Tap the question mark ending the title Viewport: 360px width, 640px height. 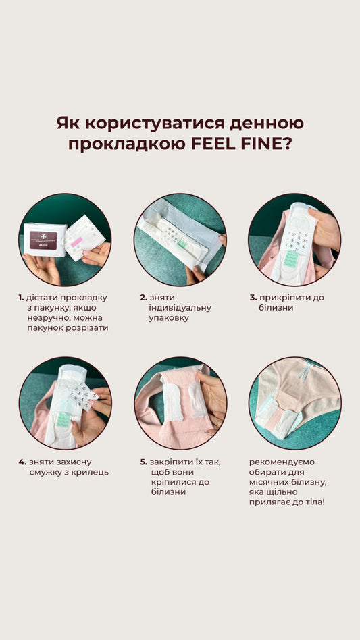tap(288, 144)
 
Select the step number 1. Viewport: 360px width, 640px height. tap(21, 298)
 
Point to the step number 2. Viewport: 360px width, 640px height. tap(143, 298)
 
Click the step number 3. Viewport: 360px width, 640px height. tap(253, 298)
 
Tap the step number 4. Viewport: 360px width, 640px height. tap(22, 462)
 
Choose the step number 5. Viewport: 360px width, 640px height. tap(143, 462)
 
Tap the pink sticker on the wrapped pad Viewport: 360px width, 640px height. tap(77, 242)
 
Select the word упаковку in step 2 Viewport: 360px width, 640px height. tap(169, 319)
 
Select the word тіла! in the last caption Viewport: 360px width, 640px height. tap(313, 502)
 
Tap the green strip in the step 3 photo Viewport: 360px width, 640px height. tap(290, 260)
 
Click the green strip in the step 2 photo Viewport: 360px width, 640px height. tap(182, 244)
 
